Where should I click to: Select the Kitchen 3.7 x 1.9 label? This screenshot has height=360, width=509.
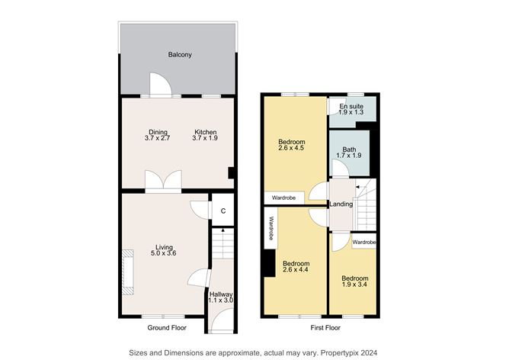pyautogui.click(x=205, y=134)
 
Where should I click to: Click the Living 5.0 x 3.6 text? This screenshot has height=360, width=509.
pyautogui.click(x=165, y=250)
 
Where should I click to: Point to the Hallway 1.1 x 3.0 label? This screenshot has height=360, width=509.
pyautogui.click(x=221, y=297)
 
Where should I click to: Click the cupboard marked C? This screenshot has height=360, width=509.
pyautogui.click(x=223, y=211)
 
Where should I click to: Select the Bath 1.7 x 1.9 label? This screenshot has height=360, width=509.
pyautogui.click(x=349, y=153)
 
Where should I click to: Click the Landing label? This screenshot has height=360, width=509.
pyautogui.click(x=340, y=204)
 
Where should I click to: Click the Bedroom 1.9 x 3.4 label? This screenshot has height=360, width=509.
pyautogui.click(x=354, y=282)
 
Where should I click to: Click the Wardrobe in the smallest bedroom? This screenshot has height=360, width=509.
pyautogui.click(x=364, y=242)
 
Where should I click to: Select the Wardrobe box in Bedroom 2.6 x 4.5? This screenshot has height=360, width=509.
pyautogui.click(x=283, y=198)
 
